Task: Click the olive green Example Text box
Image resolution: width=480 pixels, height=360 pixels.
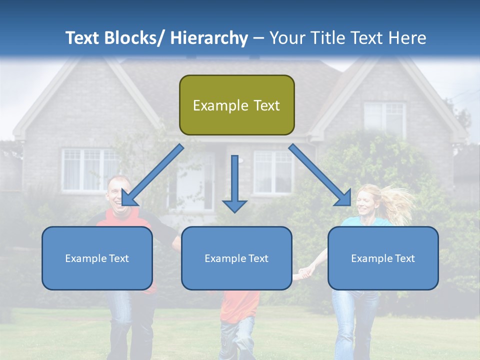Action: coord(236,105)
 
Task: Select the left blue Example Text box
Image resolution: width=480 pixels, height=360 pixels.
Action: coord(97,258)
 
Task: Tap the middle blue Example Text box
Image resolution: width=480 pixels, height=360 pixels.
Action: coord(236,258)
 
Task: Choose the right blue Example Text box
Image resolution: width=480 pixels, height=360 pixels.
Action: coord(383,258)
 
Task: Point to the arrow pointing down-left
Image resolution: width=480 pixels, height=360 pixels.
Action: coord(152,175)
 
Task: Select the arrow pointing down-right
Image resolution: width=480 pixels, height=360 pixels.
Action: coord(320,175)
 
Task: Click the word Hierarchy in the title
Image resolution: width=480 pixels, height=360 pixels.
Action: coord(208,38)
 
